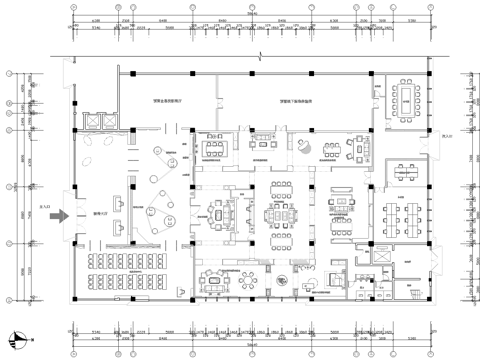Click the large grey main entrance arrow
(x=57, y=213)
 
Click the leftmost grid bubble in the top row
(x=76, y=9)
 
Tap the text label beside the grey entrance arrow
(x=41, y=208)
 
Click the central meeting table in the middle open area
(x=278, y=213)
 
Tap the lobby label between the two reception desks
(x=98, y=212)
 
